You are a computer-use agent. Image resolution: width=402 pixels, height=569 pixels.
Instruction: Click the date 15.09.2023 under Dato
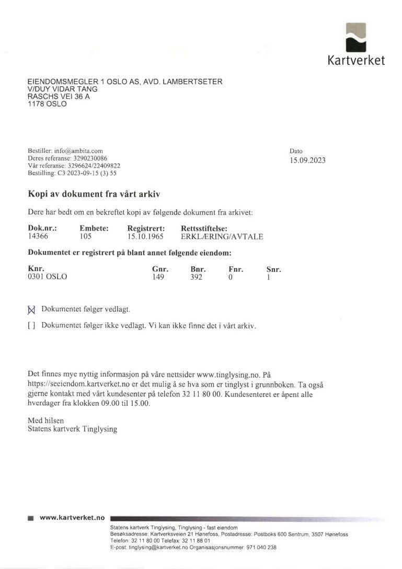point(307,161)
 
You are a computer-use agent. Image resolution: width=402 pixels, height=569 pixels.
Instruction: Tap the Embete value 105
point(86,236)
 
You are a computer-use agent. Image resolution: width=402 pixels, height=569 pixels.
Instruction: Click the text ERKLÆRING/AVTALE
point(222,236)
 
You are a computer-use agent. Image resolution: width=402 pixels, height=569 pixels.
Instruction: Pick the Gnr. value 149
point(158,277)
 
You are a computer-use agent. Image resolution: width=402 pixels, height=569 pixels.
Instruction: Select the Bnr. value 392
point(196,277)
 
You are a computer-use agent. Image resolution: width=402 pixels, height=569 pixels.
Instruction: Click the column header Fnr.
point(236,269)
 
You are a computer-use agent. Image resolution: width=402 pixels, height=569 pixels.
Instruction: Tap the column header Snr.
point(273,269)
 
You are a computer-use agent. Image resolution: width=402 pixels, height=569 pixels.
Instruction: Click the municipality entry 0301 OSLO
point(47,277)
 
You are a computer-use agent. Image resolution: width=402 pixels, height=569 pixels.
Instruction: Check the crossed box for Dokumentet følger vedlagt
point(31,309)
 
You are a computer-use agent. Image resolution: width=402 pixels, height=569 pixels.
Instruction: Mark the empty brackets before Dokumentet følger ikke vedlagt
point(31,325)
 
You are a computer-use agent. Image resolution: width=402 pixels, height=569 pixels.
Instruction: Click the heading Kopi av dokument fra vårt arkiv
point(94,194)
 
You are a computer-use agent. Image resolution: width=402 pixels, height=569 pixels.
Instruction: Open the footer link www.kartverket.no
point(72,518)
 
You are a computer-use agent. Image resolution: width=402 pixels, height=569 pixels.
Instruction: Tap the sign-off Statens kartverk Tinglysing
point(72,429)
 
